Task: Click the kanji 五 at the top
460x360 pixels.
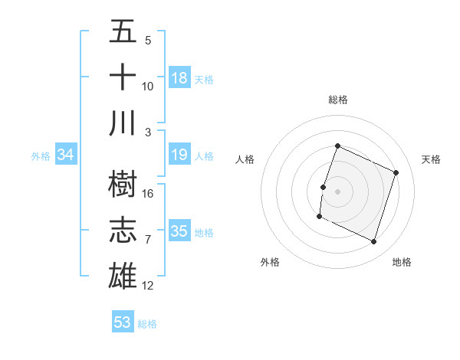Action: point(123,31)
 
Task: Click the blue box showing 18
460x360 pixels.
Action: point(179,78)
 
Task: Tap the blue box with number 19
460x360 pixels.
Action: point(179,155)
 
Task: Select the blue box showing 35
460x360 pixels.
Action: point(179,232)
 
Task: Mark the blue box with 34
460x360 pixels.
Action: point(66,155)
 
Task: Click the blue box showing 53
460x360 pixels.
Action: point(123,322)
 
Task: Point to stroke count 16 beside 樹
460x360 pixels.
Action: point(149,193)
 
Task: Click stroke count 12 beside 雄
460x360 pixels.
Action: point(149,286)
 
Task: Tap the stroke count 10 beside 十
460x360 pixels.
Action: point(148,86)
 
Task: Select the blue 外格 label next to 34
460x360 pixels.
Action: point(41,156)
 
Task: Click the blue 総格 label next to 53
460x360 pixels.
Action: point(147,324)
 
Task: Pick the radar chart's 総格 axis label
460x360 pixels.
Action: point(338,100)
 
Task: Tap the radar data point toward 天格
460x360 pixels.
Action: point(396,173)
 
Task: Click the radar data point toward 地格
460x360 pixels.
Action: point(374,242)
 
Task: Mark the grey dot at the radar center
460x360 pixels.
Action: point(337,191)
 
